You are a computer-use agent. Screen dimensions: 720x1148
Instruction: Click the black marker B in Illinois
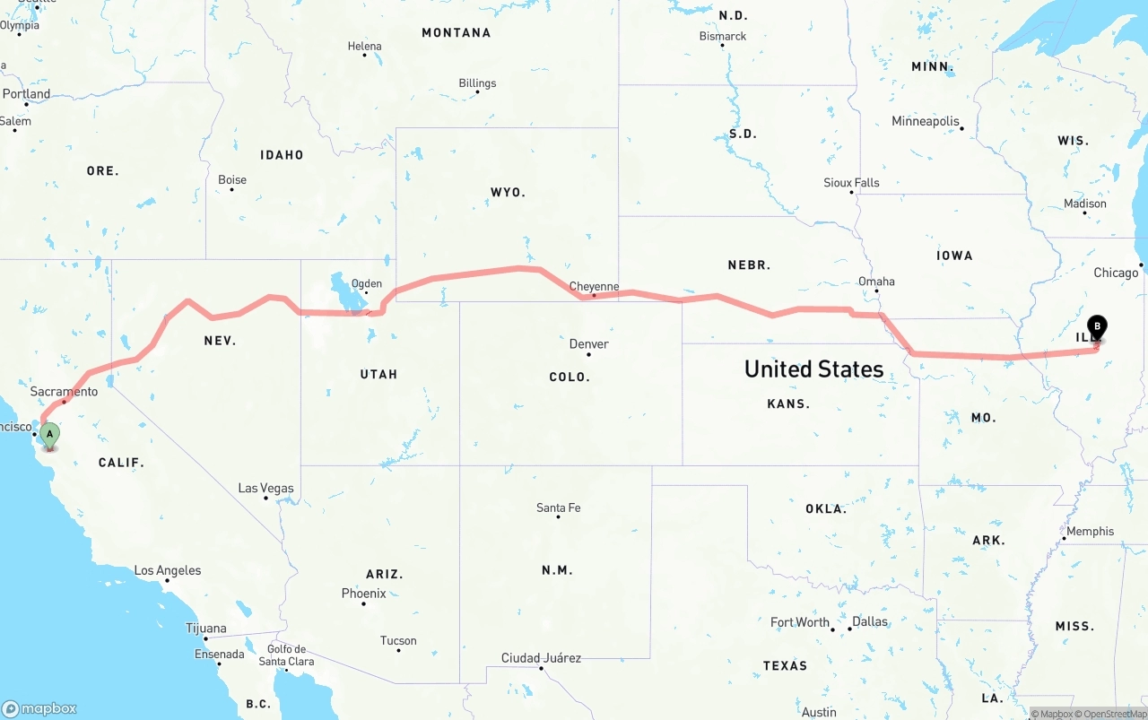click(x=1096, y=327)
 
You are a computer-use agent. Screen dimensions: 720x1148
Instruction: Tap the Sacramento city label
click(x=64, y=392)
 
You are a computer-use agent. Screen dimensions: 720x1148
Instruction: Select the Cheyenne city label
click(x=594, y=286)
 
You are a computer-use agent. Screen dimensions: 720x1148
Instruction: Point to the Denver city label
click(x=588, y=343)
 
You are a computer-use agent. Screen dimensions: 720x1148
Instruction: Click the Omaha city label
click(x=876, y=281)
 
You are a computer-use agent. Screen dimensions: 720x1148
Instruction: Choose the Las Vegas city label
click(x=265, y=488)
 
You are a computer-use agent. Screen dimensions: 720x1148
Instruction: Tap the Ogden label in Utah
click(x=366, y=284)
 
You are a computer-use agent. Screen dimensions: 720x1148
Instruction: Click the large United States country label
click(x=813, y=369)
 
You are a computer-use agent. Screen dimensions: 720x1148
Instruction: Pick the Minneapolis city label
click(x=925, y=121)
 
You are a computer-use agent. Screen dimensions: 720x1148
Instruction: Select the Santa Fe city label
click(x=558, y=507)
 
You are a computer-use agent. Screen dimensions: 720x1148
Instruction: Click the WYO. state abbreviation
click(x=508, y=192)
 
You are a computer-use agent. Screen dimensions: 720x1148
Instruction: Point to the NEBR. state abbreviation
click(x=749, y=265)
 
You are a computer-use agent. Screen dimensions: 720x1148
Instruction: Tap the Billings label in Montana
click(x=477, y=83)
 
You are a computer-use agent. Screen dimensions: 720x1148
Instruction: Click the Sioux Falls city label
click(x=851, y=182)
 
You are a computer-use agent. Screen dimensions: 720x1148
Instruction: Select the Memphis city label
click(x=1090, y=531)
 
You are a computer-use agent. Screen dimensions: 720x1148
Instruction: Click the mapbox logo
click(x=39, y=708)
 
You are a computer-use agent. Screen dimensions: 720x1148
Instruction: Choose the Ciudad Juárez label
click(x=541, y=658)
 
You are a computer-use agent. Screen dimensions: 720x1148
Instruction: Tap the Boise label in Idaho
click(x=232, y=179)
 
